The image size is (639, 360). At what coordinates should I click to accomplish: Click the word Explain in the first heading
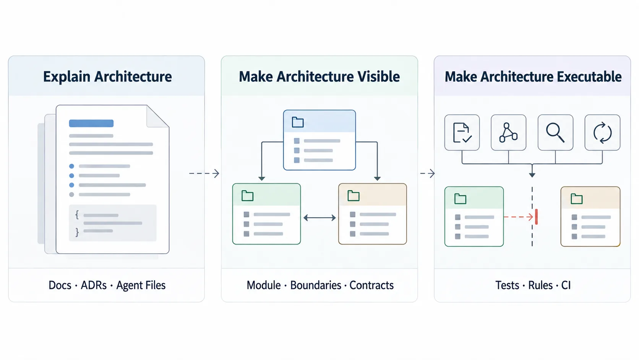click(67, 77)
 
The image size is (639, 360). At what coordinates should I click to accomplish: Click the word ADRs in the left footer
click(94, 285)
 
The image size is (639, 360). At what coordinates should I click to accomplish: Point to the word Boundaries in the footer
click(316, 285)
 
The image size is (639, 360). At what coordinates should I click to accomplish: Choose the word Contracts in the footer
click(371, 285)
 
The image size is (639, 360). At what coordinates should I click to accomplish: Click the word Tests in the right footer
click(507, 285)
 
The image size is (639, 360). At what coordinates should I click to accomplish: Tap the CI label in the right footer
click(566, 285)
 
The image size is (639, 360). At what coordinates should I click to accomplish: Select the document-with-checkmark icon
click(462, 132)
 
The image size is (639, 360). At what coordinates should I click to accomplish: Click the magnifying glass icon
click(555, 132)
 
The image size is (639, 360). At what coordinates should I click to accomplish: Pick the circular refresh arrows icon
click(602, 133)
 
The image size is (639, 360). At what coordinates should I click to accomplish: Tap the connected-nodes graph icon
click(508, 132)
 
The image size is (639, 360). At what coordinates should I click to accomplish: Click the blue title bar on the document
click(91, 123)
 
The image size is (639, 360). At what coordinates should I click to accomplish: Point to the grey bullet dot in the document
click(71, 194)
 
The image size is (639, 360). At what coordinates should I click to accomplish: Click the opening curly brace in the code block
click(77, 215)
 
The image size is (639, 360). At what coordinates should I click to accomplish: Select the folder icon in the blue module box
click(298, 122)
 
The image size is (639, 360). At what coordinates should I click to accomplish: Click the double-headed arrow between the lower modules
click(319, 218)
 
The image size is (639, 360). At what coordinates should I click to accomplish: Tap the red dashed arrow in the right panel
click(518, 217)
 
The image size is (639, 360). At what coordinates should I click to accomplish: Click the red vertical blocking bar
click(536, 217)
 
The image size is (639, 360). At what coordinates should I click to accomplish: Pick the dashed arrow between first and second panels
click(204, 173)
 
